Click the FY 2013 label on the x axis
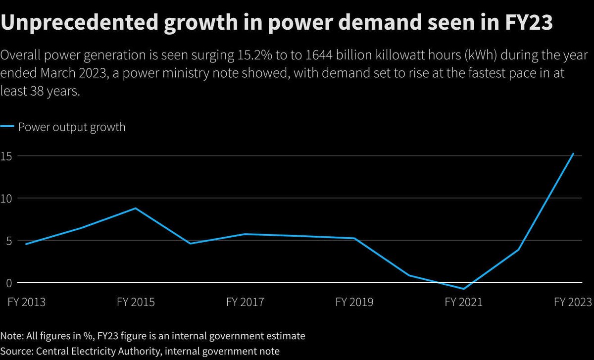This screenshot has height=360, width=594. [x=26, y=302]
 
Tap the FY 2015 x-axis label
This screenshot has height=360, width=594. [x=136, y=302]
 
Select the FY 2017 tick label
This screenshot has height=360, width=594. [x=245, y=302]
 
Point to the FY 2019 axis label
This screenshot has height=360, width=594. [x=354, y=302]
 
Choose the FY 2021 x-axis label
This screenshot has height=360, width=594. [x=464, y=302]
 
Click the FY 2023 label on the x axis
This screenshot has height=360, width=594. [x=573, y=302]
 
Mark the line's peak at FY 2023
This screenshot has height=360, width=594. [x=573, y=154]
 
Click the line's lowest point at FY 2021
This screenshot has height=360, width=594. [x=464, y=289]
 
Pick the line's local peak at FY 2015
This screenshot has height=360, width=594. [x=136, y=208]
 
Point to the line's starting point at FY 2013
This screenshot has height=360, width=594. [x=26, y=244]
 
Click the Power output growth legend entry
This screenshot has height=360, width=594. [x=71, y=127]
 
